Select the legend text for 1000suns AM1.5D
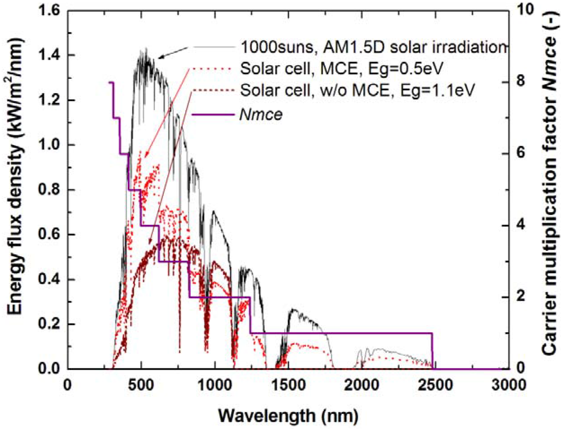tap(370, 48)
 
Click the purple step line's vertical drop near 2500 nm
tap(432, 350)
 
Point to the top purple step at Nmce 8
tap(111, 82)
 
